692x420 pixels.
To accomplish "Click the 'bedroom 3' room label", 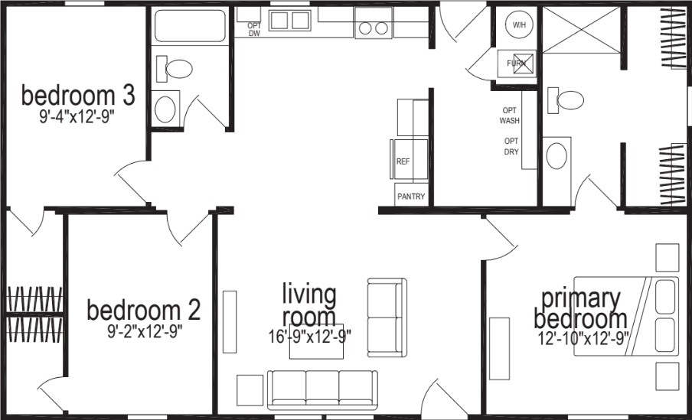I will pyautogui.click(x=78, y=96).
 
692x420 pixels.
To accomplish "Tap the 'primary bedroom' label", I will pyautogui.click(x=580, y=308).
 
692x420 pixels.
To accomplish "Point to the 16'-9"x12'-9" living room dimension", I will pyautogui.click(x=310, y=337).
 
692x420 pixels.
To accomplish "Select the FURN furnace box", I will pyautogui.click(x=517, y=64).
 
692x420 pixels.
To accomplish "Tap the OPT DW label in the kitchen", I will pyautogui.click(x=254, y=30).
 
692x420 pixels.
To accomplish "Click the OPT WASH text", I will pyautogui.click(x=510, y=115).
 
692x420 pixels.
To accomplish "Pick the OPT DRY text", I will pyautogui.click(x=511, y=146).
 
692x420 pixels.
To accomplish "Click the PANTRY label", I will pyautogui.click(x=410, y=196).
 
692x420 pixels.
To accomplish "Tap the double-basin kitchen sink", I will pyautogui.click(x=289, y=20).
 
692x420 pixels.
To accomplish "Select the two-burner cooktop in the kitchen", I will pyautogui.click(x=372, y=28).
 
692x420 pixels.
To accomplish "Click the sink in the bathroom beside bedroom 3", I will pyautogui.click(x=166, y=109).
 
